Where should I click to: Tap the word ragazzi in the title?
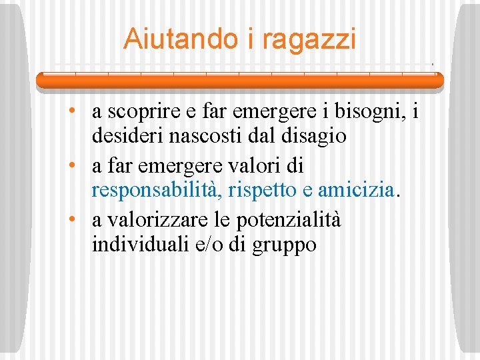309,40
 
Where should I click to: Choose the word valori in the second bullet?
257,164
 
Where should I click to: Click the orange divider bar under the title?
239,81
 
